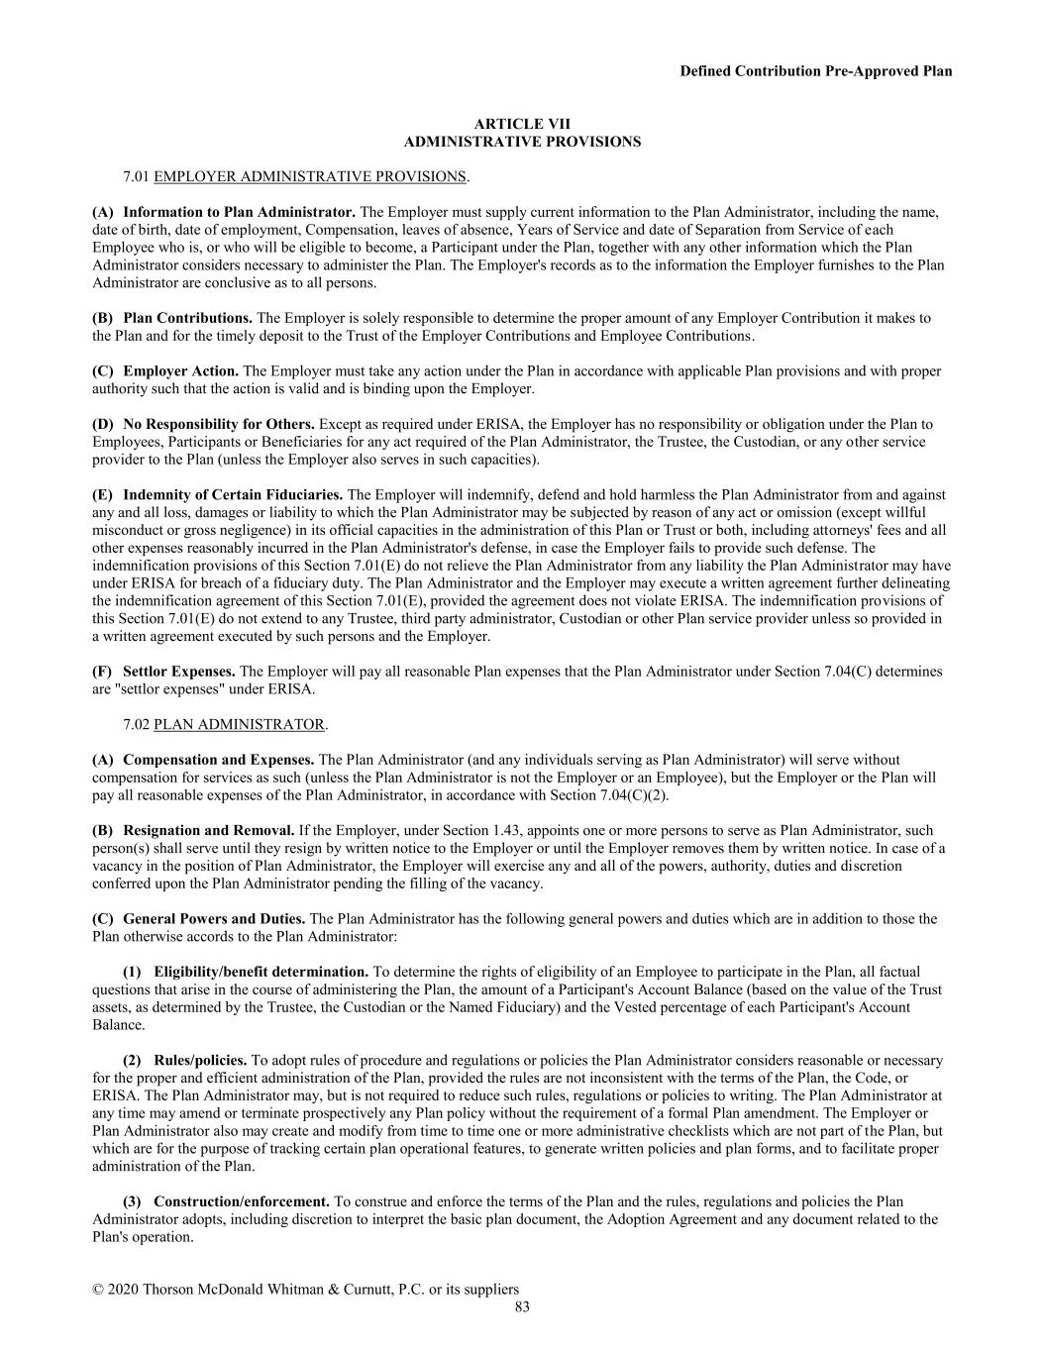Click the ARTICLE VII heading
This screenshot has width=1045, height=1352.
tap(522, 124)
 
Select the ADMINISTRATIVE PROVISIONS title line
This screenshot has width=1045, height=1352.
tap(522, 142)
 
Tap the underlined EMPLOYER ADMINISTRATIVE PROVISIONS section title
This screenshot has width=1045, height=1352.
tap(310, 176)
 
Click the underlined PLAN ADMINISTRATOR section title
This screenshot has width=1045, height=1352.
tap(239, 724)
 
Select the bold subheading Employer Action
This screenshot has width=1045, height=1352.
tap(181, 371)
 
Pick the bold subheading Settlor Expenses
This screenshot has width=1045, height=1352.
tap(179, 672)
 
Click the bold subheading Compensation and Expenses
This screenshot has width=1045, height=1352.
tap(219, 760)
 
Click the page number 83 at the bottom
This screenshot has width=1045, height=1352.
tap(522, 1306)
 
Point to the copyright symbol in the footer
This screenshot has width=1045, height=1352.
tap(98, 1290)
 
